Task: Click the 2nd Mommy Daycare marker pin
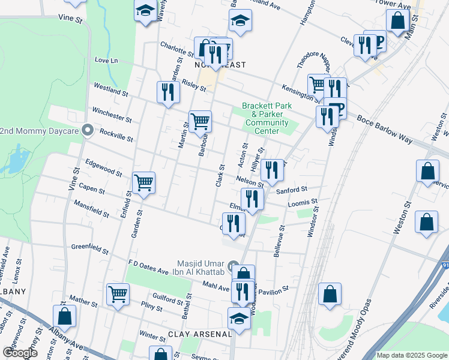point(88,130)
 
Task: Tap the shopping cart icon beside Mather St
point(118,294)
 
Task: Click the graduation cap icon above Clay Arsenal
point(239,318)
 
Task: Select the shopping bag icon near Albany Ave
point(64,316)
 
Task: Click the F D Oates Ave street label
point(149,267)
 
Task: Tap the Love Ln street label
point(106,61)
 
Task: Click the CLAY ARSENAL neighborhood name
point(200,334)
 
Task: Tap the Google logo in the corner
point(20,352)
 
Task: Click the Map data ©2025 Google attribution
point(412,355)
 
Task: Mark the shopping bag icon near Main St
point(397,21)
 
